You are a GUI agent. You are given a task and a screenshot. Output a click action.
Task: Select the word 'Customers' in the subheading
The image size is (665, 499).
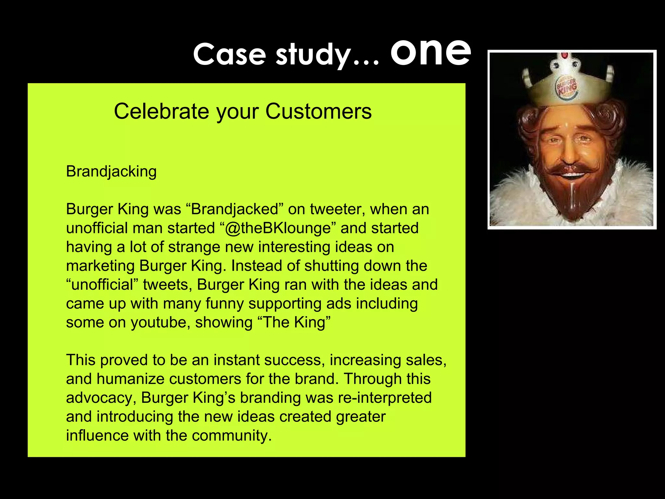point(318,111)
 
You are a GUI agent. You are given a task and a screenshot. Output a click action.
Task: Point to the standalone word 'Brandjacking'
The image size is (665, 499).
point(111,172)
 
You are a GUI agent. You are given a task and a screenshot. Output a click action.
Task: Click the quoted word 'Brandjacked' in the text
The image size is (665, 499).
point(235,209)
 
